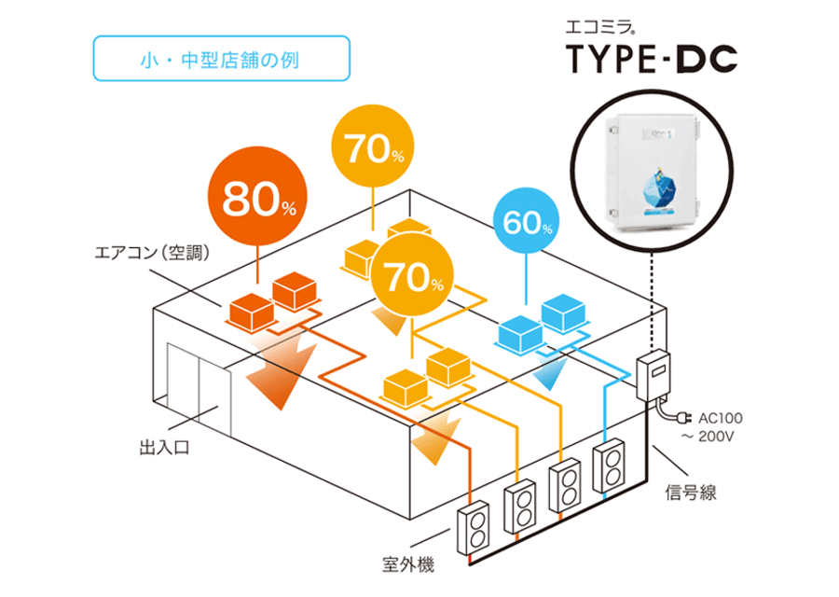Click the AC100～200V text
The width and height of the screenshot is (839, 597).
coord(718,426)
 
